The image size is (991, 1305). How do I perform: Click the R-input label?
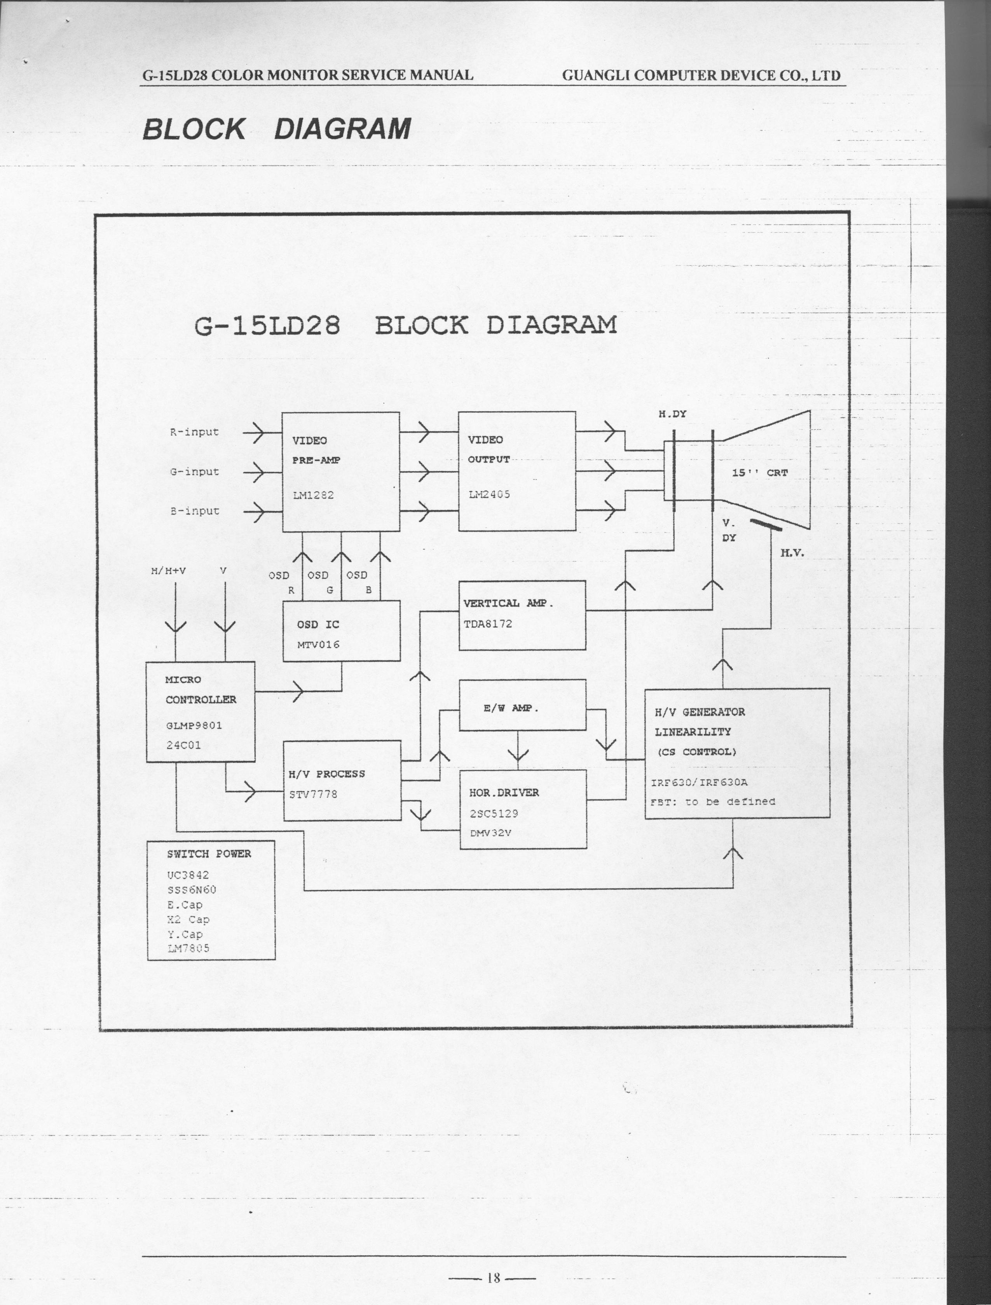pyautogui.click(x=194, y=432)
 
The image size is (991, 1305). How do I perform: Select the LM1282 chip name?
pyautogui.click(x=313, y=495)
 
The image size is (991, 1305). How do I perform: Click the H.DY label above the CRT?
pyautogui.click(x=672, y=414)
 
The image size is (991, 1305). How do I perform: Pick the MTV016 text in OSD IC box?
pyautogui.click(x=318, y=645)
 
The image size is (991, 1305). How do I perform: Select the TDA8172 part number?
pyautogui.click(x=487, y=624)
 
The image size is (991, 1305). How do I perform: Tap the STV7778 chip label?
pyautogui.click(x=313, y=794)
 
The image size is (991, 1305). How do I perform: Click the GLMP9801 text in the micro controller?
pyautogui.click(x=194, y=725)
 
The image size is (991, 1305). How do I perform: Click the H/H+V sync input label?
pyautogui.click(x=168, y=571)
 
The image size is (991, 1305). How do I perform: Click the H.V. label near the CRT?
pyautogui.click(x=792, y=553)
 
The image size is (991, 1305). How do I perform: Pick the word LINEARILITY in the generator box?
pyautogui.click(x=693, y=732)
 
